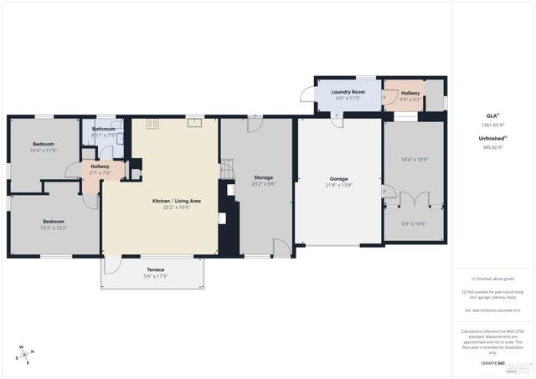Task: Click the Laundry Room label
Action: tap(348, 91)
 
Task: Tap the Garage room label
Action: tap(338, 178)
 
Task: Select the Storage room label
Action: tap(264, 177)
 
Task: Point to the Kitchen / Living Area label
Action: tap(176, 202)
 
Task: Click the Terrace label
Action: tap(156, 269)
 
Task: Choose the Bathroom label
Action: tap(104, 128)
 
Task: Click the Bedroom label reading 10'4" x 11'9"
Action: tap(43, 144)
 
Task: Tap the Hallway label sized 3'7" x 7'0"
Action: tap(100, 166)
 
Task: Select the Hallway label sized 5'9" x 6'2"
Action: tap(410, 93)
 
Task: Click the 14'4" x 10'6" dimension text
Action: tap(415, 159)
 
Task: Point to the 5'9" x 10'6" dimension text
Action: tap(415, 223)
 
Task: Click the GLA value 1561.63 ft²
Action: tap(492, 125)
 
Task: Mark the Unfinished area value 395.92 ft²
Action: tap(492, 146)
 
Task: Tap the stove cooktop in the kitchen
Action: tap(153, 124)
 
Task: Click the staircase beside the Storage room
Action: tap(224, 170)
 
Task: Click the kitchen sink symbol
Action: tap(193, 123)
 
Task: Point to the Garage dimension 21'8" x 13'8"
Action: tap(338, 185)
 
